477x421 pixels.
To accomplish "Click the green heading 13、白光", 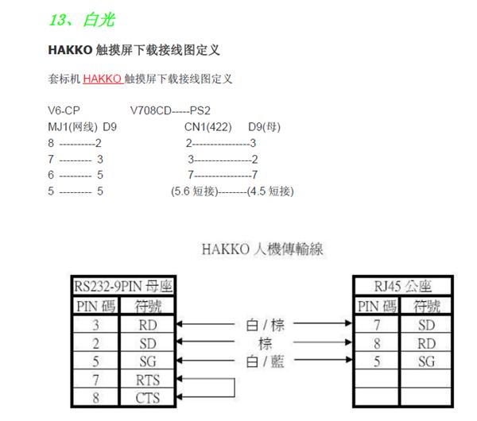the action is (x=82, y=20).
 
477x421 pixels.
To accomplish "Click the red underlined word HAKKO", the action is (x=103, y=79).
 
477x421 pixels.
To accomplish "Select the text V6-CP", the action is (x=64, y=110).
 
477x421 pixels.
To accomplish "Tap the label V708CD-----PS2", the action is (x=170, y=110).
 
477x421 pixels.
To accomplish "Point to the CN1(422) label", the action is (x=208, y=127).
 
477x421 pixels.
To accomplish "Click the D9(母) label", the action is (x=265, y=127).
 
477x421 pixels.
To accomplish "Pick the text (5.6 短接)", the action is (x=195, y=191).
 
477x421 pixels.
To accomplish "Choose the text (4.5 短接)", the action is (x=270, y=191).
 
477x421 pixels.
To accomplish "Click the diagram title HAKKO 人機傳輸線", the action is (x=262, y=249).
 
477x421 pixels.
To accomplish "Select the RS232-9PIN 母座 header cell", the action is (x=123, y=286).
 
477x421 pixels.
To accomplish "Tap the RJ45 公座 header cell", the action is (x=403, y=286).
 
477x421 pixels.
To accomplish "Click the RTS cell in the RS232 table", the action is (x=148, y=380).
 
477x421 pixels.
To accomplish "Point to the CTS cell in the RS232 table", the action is (x=148, y=398).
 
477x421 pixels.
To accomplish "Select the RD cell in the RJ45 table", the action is (x=426, y=344).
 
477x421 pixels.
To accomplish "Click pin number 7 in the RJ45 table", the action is (x=377, y=325).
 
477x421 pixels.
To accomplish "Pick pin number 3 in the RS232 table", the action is (x=95, y=325).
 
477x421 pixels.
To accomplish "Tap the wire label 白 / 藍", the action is (x=265, y=361).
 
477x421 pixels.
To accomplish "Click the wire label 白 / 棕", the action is (x=265, y=325).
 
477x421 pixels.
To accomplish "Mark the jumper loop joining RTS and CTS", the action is (x=235, y=388).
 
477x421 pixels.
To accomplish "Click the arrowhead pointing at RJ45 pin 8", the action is (x=349, y=342).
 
